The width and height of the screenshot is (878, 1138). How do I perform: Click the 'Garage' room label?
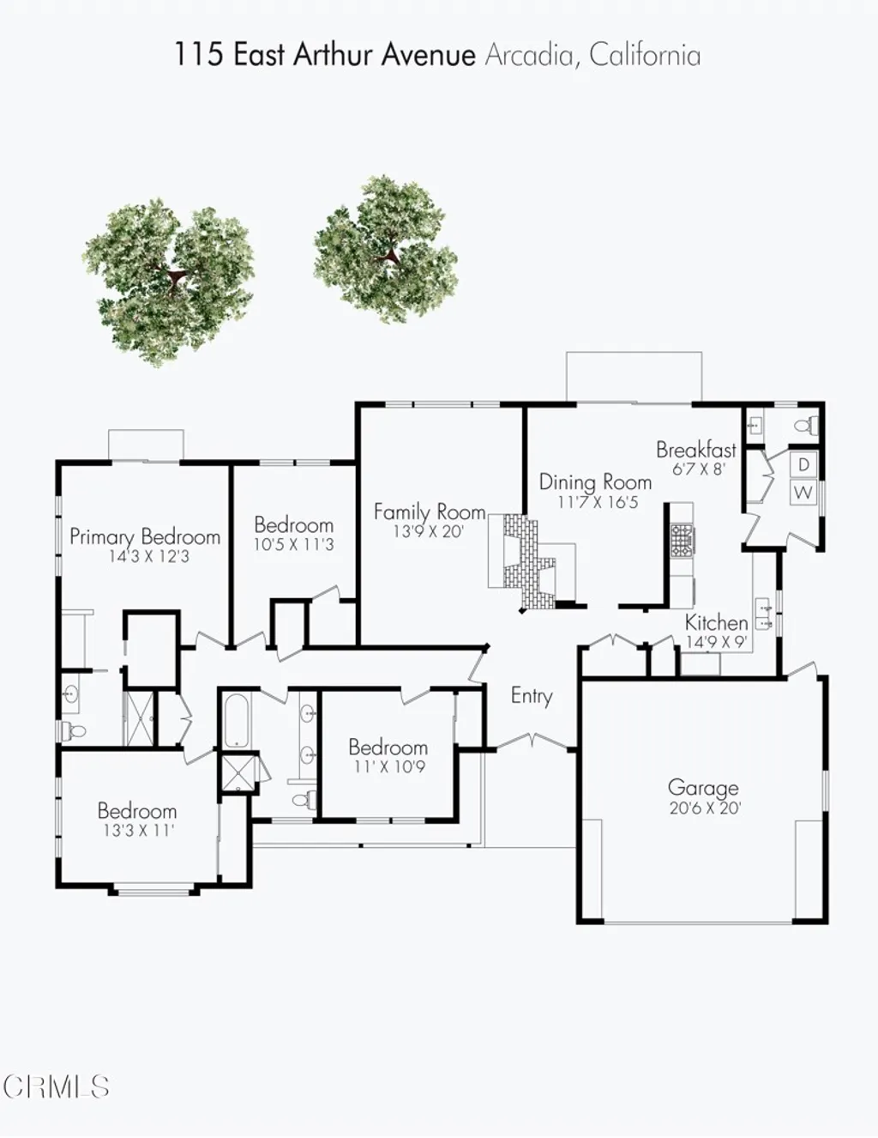702,787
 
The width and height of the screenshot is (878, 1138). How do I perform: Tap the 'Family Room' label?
429,511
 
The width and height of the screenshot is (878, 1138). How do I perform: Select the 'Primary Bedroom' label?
145,537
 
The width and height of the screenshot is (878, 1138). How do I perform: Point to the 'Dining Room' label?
595,482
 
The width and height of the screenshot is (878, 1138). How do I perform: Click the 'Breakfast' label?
695,450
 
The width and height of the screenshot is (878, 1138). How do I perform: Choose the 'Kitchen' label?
716,622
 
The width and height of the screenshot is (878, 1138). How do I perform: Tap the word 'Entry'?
531,695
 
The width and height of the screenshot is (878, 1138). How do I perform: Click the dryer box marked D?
803,465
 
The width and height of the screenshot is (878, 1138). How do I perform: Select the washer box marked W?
803,493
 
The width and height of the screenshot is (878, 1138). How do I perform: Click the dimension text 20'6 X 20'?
705,808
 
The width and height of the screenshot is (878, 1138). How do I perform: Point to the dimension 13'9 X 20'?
428,532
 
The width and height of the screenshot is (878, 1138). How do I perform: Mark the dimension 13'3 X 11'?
136,831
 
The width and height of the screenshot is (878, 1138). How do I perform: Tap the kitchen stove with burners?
683,540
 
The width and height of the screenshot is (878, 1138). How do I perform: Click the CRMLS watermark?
56,1087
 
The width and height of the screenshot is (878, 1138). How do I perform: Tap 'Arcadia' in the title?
529,55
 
